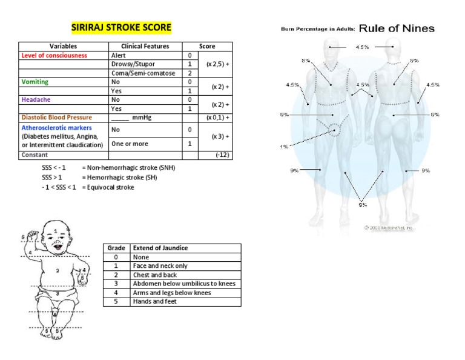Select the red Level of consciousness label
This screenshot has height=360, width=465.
pos(54,55)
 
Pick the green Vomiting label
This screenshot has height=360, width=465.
pos(35,82)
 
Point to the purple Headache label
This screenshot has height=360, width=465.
pos(36,99)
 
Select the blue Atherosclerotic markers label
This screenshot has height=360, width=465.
pos(56,128)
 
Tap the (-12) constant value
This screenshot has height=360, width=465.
pos(223,155)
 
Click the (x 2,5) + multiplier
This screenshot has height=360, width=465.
pos(217,64)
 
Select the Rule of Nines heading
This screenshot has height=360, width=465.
pos(396,28)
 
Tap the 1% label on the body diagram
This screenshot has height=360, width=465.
pos(285,146)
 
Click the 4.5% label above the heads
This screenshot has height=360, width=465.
pos(362,47)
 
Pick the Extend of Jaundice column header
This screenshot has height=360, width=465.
pos(160,248)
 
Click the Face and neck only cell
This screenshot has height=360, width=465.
pos(160,266)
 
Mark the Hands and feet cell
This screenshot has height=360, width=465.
pos(155,301)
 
